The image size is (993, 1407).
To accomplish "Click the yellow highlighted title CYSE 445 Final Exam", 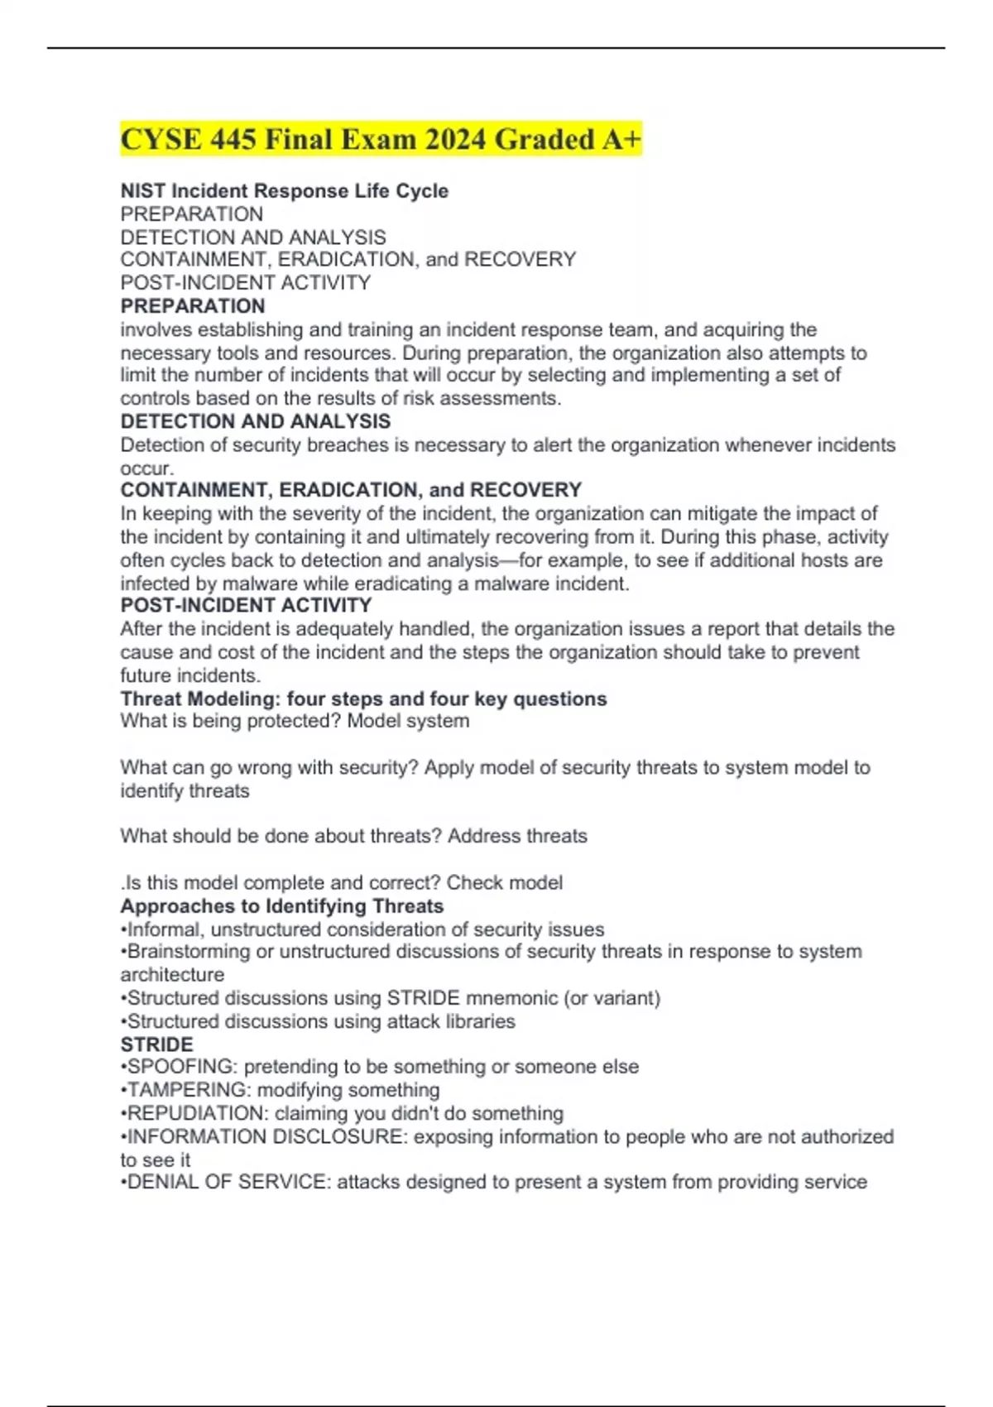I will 381,139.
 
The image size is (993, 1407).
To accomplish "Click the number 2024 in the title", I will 455,139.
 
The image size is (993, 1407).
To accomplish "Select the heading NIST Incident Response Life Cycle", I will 284,190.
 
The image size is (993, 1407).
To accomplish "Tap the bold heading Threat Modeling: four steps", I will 363,699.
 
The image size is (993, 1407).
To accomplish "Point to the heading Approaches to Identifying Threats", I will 281,905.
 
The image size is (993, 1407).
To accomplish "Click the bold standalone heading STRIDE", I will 156,1044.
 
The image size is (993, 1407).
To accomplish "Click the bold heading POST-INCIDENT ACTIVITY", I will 246,605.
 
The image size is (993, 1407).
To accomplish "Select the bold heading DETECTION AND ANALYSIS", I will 255,421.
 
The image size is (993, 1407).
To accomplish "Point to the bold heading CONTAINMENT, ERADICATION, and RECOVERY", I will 351,489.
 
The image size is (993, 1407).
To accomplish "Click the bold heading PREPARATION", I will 192,305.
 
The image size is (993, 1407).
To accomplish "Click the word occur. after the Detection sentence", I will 146,468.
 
